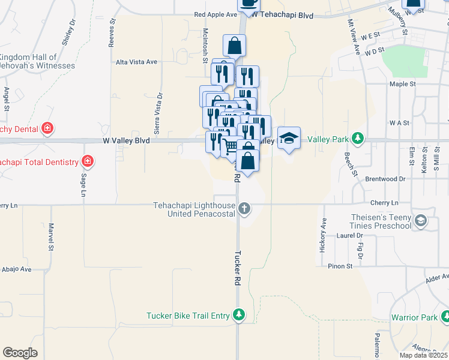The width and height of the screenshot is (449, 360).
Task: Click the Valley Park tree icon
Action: pos(358,139)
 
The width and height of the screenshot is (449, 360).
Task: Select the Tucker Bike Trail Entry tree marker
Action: pos(239,315)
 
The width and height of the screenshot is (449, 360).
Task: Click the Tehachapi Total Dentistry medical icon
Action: pos(88,161)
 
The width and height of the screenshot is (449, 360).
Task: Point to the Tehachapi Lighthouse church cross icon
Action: pos(244,209)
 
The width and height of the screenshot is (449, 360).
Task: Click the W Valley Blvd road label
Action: pos(125,140)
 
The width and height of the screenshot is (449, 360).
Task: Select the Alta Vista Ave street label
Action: pos(136,62)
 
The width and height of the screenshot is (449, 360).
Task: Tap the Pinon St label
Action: pos(340,266)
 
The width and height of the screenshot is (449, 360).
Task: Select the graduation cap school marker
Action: pos(289,139)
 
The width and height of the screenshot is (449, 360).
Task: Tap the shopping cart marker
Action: pos(231,146)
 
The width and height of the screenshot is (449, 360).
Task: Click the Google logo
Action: pos(20,353)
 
